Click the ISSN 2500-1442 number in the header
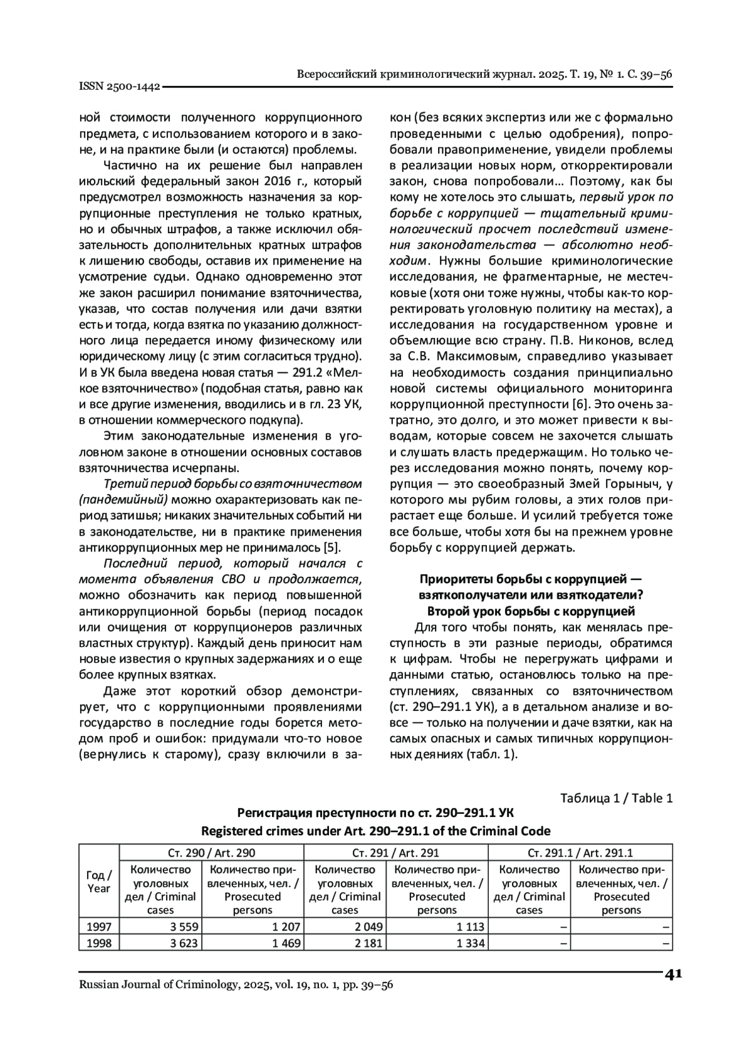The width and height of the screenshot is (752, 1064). (x=119, y=87)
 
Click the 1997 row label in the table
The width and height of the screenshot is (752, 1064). (x=99, y=927)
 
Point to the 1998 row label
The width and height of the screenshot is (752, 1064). (x=99, y=943)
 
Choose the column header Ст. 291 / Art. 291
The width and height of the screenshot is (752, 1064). (x=395, y=853)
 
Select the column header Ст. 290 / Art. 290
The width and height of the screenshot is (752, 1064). (x=211, y=853)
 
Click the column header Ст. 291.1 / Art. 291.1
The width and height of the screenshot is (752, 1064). (x=580, y=853)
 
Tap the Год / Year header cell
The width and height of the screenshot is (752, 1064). (x=99, y=882)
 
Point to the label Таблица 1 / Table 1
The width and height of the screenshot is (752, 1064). (x=616, y=798)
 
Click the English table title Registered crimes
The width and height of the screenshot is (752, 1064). (x=375, y=831)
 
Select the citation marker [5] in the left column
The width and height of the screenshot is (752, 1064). (x=332, y=547)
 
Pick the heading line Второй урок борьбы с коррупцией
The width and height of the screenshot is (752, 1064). (x=531, y=611)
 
